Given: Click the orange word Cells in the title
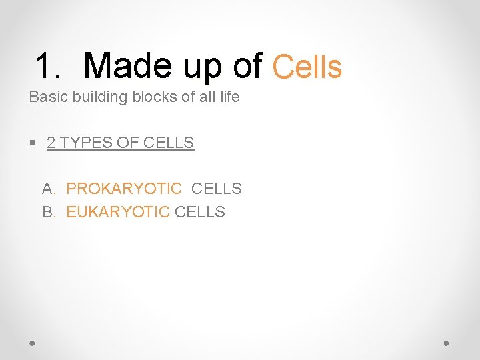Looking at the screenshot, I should pos(307,67).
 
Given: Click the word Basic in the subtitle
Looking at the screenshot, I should pos(49,97).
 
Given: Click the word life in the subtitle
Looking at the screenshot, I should pos(227,97).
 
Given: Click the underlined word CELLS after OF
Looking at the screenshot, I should pos(169,143).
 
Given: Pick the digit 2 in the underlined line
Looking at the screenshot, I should pos(51,143).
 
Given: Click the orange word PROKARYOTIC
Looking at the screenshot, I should pos(124,189).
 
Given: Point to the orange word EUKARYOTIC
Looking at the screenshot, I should pos(118,213).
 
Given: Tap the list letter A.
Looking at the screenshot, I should pos(48,189).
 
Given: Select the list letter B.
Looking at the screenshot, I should pos(48,213).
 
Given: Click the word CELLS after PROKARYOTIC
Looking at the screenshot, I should pos(217,189).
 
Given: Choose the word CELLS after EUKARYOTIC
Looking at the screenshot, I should pos(200,213).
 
